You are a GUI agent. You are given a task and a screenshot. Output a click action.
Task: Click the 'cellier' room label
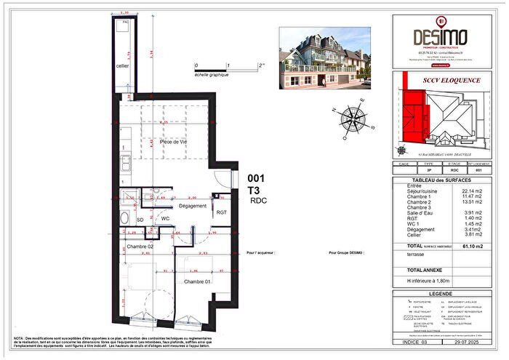point(122,66)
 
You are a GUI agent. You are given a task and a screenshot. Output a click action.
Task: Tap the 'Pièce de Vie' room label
point(175,142)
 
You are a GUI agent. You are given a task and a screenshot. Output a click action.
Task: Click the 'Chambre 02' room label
point(141,248)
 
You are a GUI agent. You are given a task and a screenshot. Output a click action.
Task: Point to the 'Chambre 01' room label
point(197,281)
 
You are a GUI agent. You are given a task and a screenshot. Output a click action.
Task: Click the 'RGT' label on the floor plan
point(221,212)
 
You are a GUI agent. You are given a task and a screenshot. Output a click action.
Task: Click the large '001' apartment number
point(258,177)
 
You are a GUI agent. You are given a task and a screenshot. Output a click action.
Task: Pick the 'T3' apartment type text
point(255,189)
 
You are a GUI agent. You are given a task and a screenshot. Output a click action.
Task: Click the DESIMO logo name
point(444,36)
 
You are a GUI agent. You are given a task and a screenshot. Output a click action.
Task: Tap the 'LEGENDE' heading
point(444,293)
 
